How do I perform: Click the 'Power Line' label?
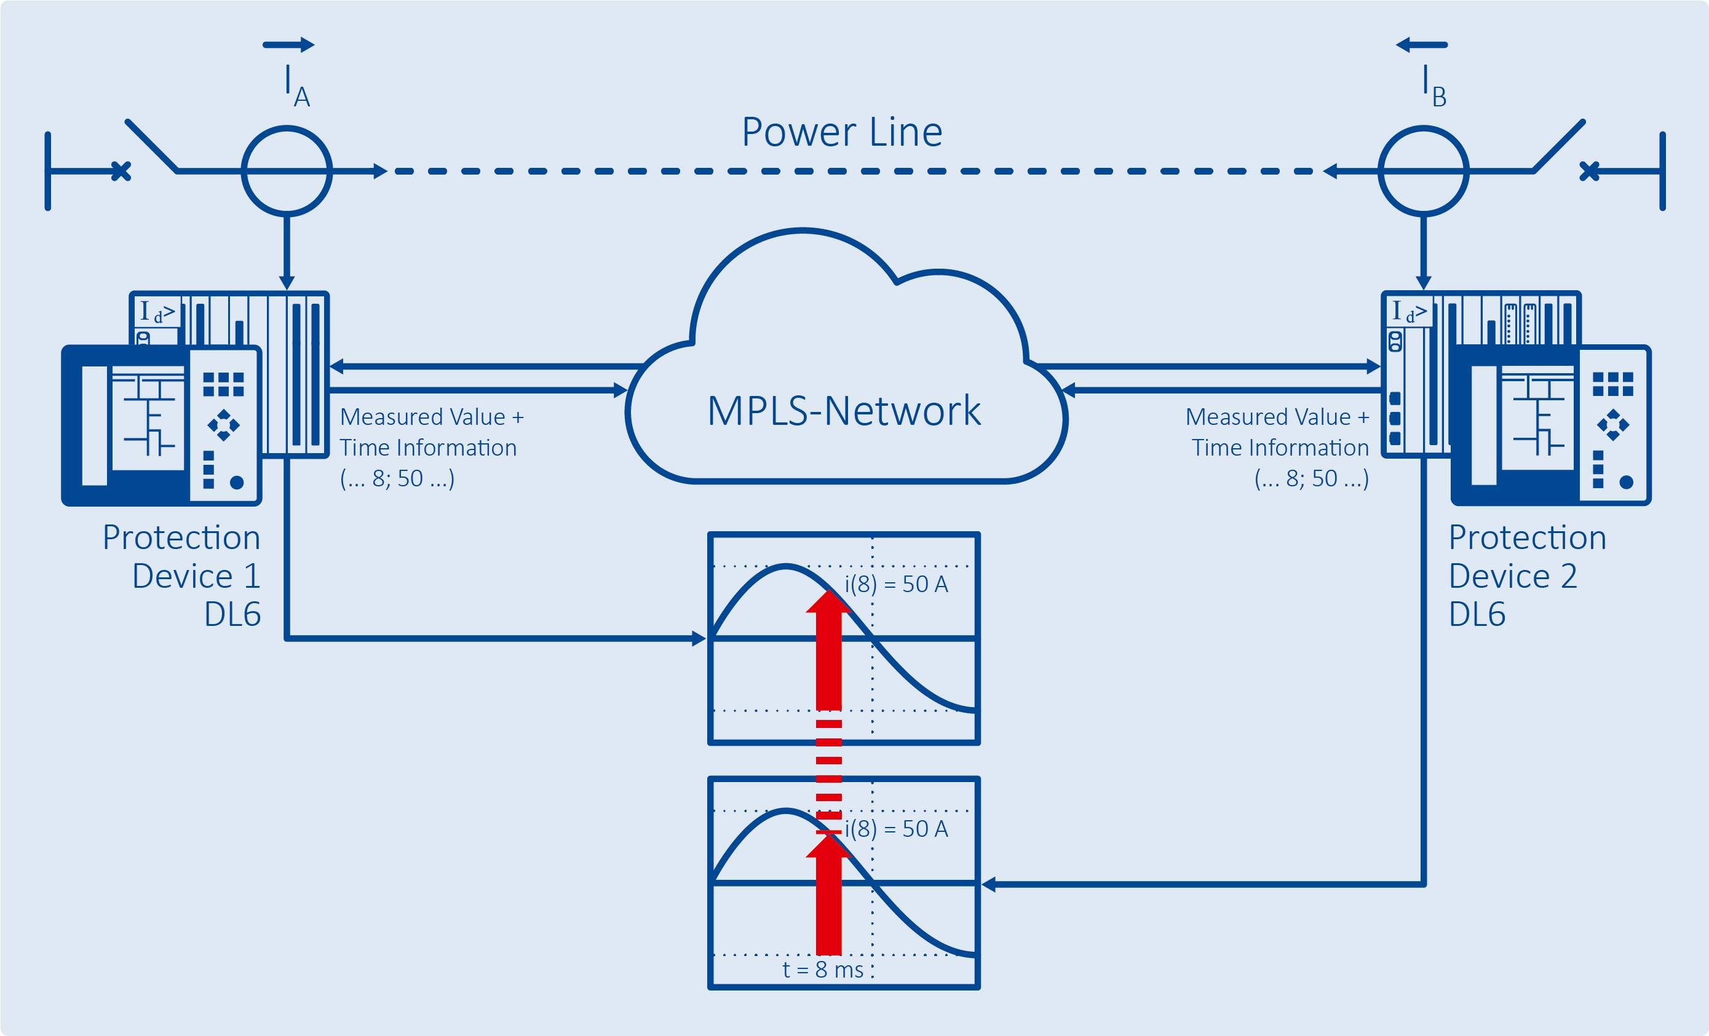click(x=842, y=132)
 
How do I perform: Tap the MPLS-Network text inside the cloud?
click(x=843, y=410)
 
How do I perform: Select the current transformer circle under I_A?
click(x=287, y=170)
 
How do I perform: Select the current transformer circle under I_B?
click(x=1422, y=170)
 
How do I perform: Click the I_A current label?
click(x=295, y=86)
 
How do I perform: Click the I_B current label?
click(x=1433, y=86)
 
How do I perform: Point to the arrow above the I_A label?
click(x=288, y=45)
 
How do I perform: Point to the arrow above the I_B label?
click(x=1421, y=45)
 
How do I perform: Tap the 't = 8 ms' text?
click(x=823, y=970)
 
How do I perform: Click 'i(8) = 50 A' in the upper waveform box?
click(x=895, y=584)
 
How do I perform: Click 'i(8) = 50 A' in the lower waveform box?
click(x=895, y=829)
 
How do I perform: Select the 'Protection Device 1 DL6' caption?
click(x=181, y=575)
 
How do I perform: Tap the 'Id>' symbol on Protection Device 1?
click(x=157, y=312)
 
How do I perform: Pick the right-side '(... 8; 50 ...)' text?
click(x=1311, y=478)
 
